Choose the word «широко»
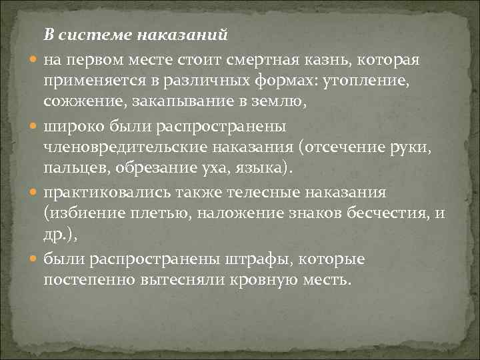(x=73, y=126)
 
